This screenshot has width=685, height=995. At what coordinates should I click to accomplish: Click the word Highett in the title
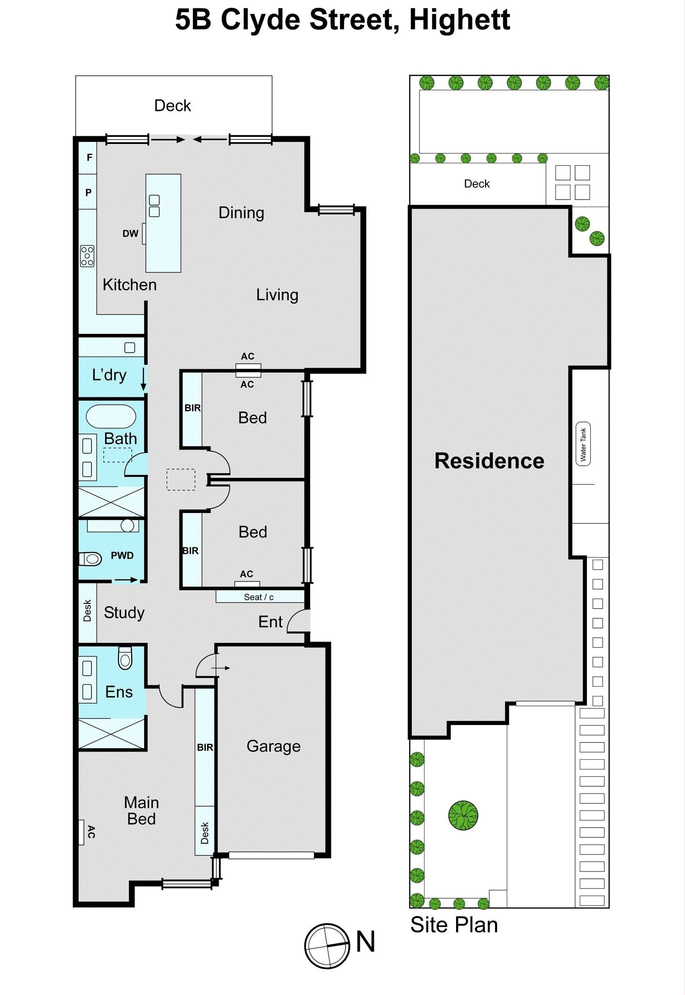pos(459,20)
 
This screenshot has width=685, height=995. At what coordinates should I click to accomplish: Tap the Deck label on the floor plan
pos(172,106)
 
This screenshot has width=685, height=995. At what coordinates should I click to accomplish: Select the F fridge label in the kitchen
pos(89,158)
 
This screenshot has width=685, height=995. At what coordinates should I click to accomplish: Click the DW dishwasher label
pos(130,233)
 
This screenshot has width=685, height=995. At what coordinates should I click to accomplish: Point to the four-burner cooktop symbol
pos(87,256)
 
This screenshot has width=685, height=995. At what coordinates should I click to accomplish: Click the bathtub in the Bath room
pos(111,416)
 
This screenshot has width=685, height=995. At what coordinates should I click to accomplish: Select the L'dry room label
pos(109,375)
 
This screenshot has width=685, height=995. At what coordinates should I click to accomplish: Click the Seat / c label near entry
pos(258,597)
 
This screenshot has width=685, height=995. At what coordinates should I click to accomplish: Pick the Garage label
pos(273,746)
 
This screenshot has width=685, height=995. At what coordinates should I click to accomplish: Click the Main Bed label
pos(141,811)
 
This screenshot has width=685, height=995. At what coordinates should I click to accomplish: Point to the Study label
pos(124,613)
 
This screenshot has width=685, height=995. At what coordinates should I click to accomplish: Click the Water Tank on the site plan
pos(583,444)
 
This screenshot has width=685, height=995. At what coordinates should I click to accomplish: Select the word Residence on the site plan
pos(489,461)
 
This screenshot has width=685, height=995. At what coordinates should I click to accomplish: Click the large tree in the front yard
pos(463,815)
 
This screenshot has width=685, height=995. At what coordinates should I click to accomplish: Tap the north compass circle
pos(327,946)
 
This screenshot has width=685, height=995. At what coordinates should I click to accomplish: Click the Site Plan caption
pos(454,925)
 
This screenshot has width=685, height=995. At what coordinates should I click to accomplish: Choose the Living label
pos(277,295)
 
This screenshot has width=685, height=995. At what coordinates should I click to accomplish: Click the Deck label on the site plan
pos(477,184)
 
